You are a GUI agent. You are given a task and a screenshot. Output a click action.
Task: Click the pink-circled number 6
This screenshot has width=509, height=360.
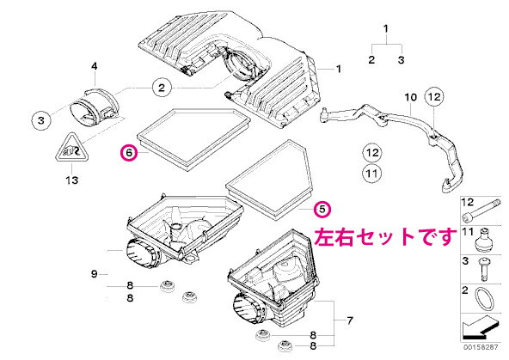pos(129,152)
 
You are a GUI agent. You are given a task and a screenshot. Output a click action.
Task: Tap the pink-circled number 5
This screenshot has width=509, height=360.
pos(322,209)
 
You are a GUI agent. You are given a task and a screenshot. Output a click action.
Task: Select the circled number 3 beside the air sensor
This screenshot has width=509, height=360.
pos(41,120)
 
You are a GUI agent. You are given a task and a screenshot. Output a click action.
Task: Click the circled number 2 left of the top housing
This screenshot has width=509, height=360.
pos(162,88)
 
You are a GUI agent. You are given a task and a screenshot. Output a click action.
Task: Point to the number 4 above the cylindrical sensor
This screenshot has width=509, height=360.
pos(94,66)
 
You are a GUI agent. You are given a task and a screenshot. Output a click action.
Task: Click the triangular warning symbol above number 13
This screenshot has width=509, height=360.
pos(71,148)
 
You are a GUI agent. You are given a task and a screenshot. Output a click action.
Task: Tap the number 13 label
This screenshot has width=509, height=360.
pos(71,180)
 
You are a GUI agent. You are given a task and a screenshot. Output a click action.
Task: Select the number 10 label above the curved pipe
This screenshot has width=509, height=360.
pos(410,97)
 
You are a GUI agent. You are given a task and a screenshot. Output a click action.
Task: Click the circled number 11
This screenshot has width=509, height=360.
pos(371,174)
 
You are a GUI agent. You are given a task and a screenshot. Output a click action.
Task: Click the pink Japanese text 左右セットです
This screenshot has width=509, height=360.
pos(385,237)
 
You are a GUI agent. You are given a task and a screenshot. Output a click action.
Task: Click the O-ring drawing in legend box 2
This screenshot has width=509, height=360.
pos(485,299)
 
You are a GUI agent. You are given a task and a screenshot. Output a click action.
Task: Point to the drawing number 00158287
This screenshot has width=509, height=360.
pos(481,347)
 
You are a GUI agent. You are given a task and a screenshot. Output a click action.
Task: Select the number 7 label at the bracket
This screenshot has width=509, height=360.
pos(350,320)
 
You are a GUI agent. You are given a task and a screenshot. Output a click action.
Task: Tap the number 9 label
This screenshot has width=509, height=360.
pos(94,274)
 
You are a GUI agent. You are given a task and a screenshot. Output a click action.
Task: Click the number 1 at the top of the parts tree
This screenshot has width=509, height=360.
pos(386,29)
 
